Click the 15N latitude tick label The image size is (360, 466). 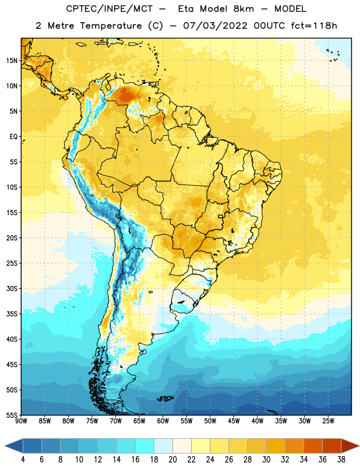12,61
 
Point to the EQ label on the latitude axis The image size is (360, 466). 13,137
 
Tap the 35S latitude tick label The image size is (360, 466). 12,314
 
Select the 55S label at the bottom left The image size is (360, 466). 12,415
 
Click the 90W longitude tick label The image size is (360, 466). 21,421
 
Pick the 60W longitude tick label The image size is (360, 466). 163,421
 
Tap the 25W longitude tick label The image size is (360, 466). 328,421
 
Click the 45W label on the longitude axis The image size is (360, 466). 234,421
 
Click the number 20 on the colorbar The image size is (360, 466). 172,460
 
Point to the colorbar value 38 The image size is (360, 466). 341,460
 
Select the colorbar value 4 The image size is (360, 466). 23,460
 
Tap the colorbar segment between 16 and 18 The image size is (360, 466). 145,446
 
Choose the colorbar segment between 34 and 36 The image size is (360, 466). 313,446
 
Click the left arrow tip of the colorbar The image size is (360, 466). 5,446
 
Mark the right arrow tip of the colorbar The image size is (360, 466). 359,446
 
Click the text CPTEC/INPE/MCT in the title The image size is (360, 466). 109,9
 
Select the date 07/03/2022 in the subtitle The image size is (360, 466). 215,26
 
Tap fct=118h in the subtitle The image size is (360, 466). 314,26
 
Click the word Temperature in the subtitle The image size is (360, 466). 111,26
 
